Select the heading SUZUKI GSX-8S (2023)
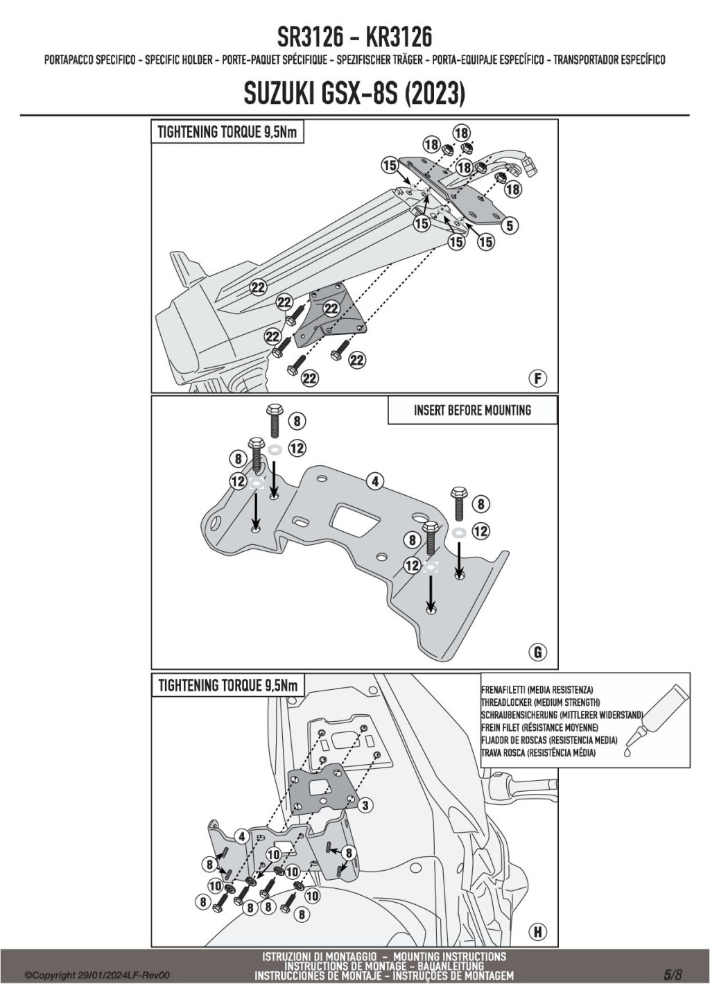[x=354, y=94]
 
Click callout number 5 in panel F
[x=510, y=225]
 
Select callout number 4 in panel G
[x=375, y=481]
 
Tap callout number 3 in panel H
[x=365, y=805]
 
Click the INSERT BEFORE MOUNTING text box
[x=472, y=410]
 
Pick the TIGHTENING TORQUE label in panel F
[x=227, y=132]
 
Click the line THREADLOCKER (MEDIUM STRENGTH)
[x=541, y=702]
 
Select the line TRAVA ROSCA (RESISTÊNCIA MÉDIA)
[x=538, y=752]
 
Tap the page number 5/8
[x=673, y=974]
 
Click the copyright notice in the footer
[x=97, y=976]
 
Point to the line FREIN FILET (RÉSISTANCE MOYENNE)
[x=539, y=727]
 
